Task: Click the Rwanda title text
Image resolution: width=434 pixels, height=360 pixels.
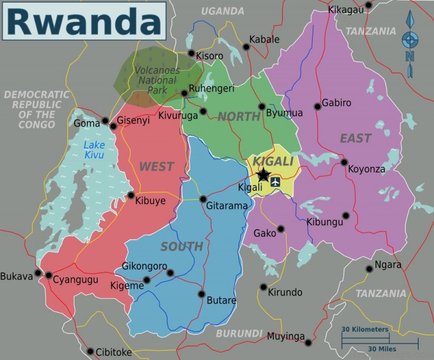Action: point(84,22)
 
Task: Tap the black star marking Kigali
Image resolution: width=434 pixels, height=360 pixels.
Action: point(263,175)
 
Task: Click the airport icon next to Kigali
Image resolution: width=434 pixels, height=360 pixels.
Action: point(276,181)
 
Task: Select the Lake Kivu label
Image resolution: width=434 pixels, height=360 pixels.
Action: point(94,150)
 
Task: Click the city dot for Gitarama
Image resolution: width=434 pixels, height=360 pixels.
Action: point(203,199)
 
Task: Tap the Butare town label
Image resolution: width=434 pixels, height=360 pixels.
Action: point(221,300)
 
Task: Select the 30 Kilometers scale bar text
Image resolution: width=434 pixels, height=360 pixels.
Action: point(365,330)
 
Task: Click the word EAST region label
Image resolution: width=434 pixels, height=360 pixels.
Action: point(355,138)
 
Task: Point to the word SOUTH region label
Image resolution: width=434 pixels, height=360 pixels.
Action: point(182,247)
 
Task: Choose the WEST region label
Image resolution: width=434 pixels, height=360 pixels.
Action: point(156,167)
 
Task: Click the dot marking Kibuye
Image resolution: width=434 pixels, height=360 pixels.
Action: point(131,195)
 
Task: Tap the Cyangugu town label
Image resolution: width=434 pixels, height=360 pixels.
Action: point(75,280)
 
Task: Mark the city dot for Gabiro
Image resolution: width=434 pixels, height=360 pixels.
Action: point(317,106)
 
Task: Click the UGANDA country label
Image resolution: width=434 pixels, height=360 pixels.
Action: point(222,11)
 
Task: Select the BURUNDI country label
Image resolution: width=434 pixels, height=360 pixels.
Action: point(239,333)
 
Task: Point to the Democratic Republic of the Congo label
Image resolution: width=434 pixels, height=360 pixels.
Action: point(36,109)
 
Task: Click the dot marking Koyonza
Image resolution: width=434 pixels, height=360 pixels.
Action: point(344,162)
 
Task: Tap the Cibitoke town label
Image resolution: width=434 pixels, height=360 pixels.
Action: point(113,352)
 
